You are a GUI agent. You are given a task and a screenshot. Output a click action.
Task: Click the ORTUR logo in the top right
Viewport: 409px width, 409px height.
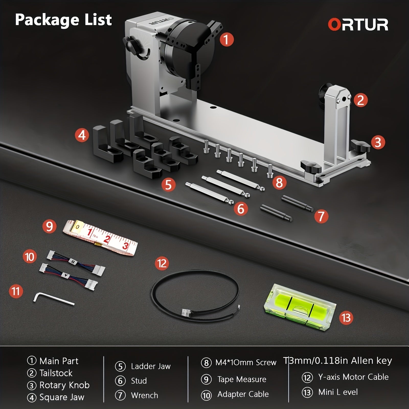pos(358,25)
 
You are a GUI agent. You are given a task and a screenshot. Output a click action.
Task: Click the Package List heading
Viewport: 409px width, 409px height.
pos(63,20)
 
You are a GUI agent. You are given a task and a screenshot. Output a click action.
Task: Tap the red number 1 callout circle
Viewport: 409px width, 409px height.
pos(226,40)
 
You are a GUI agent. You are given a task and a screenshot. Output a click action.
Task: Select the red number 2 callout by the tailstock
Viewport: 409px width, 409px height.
pos(360,100)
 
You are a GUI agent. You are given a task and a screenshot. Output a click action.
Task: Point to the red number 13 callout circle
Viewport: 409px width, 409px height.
pos(346,318)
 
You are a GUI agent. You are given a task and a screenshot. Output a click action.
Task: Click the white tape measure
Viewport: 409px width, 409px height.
pos(100,237)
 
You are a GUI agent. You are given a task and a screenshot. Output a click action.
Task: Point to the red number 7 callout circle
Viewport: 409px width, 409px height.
pos(321,216)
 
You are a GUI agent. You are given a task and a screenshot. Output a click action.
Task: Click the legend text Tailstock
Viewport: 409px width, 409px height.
pos(56,373)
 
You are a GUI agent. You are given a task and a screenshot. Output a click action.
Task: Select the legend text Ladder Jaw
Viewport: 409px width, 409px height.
pos(151,366)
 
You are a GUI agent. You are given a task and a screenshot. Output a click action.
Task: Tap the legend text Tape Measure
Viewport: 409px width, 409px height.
pos(242,379)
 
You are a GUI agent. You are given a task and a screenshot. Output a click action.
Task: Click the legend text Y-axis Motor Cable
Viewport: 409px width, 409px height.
pos(353,377)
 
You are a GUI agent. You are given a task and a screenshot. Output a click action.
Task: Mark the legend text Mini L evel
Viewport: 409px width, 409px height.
pos(338,392)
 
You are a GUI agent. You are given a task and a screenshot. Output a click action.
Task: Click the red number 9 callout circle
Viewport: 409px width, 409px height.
pos(49,226)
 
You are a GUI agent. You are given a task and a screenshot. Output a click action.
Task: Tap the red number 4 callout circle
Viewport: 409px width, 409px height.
pos(82,135)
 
